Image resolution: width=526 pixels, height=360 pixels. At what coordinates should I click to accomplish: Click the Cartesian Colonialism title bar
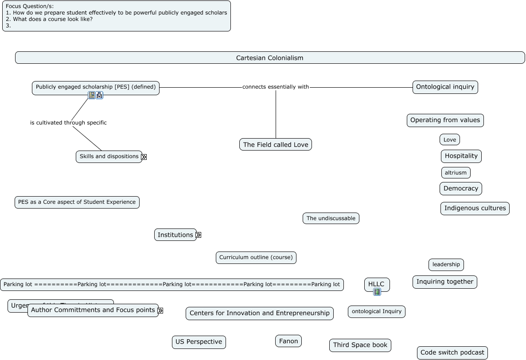(269, 58)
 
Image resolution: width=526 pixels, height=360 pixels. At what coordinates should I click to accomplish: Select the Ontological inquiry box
(445, 87)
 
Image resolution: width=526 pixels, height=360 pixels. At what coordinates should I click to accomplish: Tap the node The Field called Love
(275, 144)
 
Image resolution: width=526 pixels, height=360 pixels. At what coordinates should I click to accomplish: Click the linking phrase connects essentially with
(275, 87)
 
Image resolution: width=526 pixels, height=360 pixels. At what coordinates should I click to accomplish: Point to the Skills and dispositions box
(109, 156)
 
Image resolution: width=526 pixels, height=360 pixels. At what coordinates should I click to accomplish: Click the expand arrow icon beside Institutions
(199, 235)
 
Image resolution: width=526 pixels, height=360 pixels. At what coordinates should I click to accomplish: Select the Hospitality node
(461, 156)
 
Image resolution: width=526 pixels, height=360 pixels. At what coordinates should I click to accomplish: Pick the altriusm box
(456, 173)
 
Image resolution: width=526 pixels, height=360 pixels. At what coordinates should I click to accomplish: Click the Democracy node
(460, 188)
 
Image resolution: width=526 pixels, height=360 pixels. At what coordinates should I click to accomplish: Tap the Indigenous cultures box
(475, 208)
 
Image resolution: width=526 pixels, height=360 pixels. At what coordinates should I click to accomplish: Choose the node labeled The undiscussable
(331, 218)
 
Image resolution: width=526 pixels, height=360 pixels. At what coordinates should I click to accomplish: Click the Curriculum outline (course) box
(256, 257)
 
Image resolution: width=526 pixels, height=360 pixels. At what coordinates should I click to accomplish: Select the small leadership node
(446, 264)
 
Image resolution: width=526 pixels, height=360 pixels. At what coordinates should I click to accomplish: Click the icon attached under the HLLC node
(377, 292)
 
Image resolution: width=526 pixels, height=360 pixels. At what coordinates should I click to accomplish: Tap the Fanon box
(288, 341)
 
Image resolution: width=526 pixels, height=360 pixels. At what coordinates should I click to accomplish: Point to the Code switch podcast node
(452, 352)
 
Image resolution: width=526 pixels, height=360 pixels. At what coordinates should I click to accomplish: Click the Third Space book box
(360, 345)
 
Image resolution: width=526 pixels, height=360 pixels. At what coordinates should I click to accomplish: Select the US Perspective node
(199, 342)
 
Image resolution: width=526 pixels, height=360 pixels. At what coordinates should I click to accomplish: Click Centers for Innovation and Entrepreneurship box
(259, 313)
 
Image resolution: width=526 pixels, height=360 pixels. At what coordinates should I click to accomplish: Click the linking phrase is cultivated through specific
(68, 123)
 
